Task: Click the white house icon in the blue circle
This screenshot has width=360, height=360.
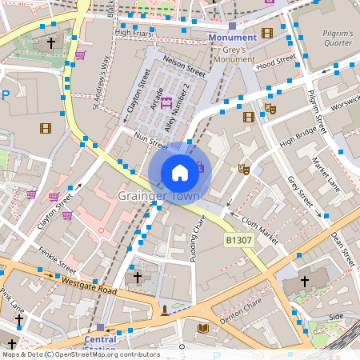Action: coord(180,172)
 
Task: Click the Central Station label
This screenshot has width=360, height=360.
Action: coord(100,343)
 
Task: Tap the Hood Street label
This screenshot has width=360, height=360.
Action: coord(277,61)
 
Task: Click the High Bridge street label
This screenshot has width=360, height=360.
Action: coord(298,133)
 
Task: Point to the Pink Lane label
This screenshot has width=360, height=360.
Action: coord(14,300)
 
